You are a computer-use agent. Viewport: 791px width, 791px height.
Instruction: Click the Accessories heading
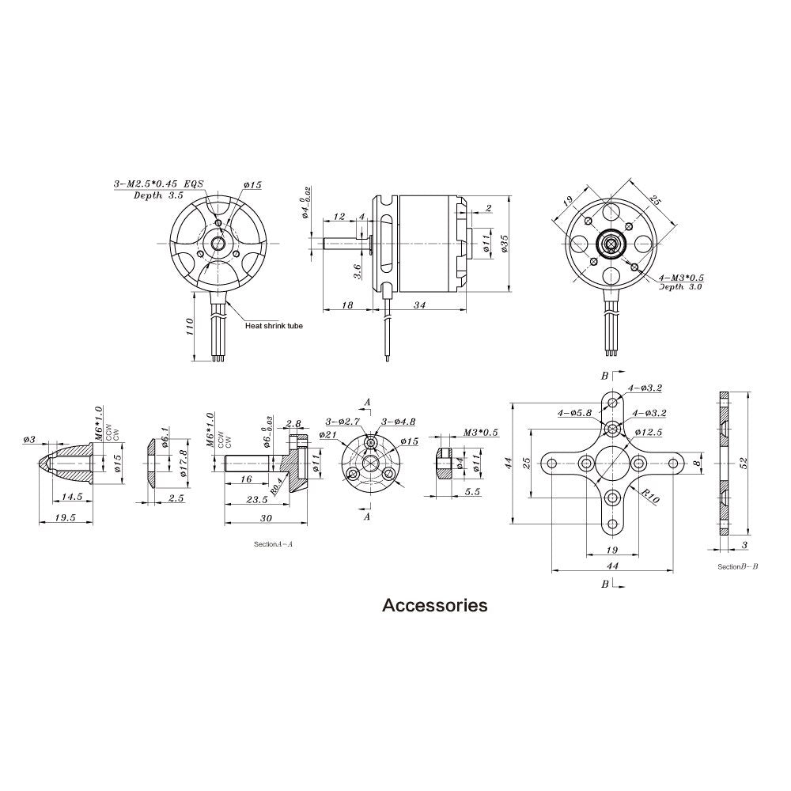pos(435,606)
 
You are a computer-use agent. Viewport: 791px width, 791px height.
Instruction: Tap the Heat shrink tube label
pos(274,325)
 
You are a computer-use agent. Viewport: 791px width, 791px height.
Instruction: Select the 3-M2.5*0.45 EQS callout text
pos(158,184)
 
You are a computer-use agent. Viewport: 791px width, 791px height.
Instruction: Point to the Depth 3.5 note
pos(159,195)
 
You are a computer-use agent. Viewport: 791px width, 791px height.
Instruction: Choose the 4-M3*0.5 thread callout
pos(682,278)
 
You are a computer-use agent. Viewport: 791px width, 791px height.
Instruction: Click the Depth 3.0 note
pos(681,287)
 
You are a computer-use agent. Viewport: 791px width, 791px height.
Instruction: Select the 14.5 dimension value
pos(72,496)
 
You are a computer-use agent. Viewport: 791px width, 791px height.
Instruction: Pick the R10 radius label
pos(650,497)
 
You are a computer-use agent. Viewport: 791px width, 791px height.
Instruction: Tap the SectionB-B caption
pos(737,566)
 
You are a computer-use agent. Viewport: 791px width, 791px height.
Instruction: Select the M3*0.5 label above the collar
pos(479,433)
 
